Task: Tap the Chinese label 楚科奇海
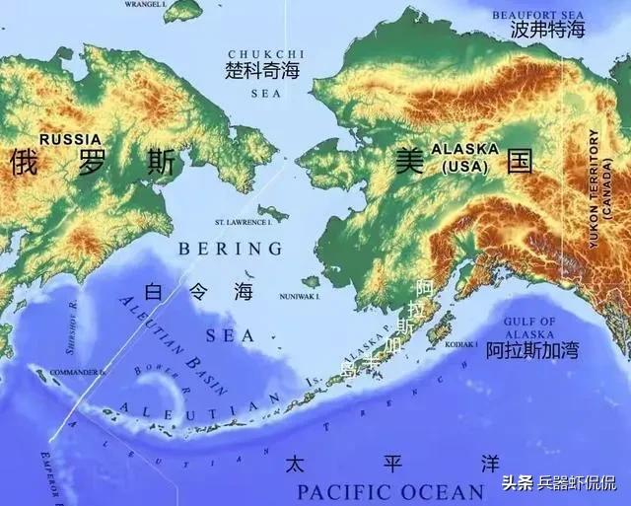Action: pyautogui.click(x=263, y=71)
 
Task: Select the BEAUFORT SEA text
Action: pyautogui.click(x=537, y=13)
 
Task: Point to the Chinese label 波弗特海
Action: pyautogui.click(x=547, y=31)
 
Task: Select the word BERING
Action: pyautogui.click(x=230, y=249)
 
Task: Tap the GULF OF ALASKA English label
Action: pyautogui.click(x=530, y=328)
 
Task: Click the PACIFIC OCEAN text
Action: pyautogui.click(x=390, y=491)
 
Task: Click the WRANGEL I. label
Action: pyautogui.click(x=144, y=4)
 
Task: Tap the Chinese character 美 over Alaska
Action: pyautogui.click(x=408, y=161)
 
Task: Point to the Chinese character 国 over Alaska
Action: pyautogui.click(x=520, y=161)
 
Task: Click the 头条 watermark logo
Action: pyautogui.click(x=518, y=482)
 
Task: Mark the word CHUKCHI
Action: pyautogui.click(x=265, y=53)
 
